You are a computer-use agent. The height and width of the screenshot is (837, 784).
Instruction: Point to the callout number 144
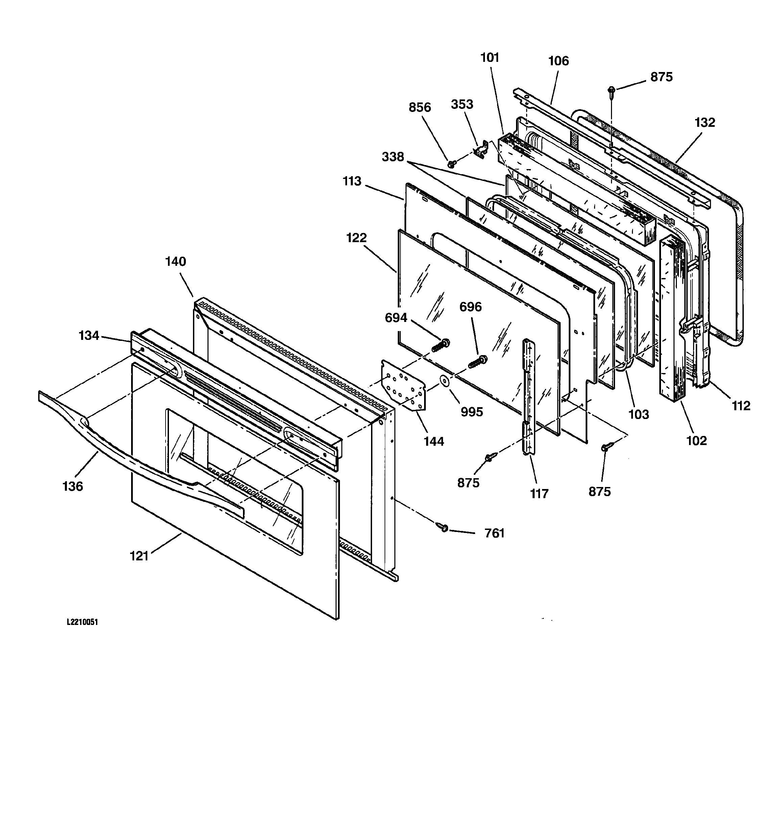click(434, 441)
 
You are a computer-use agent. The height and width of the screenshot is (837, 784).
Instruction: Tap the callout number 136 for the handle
click(73, 486)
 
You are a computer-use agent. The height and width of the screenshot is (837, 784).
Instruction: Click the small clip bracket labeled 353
click(481, 150)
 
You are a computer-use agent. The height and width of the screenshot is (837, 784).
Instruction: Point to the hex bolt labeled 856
click(451, 163)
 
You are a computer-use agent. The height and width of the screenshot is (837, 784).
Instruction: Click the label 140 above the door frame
click(175, 261)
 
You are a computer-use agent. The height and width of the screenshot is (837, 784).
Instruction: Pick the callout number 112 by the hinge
click(741, 406)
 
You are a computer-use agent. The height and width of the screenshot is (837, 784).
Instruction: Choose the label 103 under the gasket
click(638, 414)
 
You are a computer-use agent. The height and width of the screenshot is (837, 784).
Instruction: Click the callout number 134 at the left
click(89, 335)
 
